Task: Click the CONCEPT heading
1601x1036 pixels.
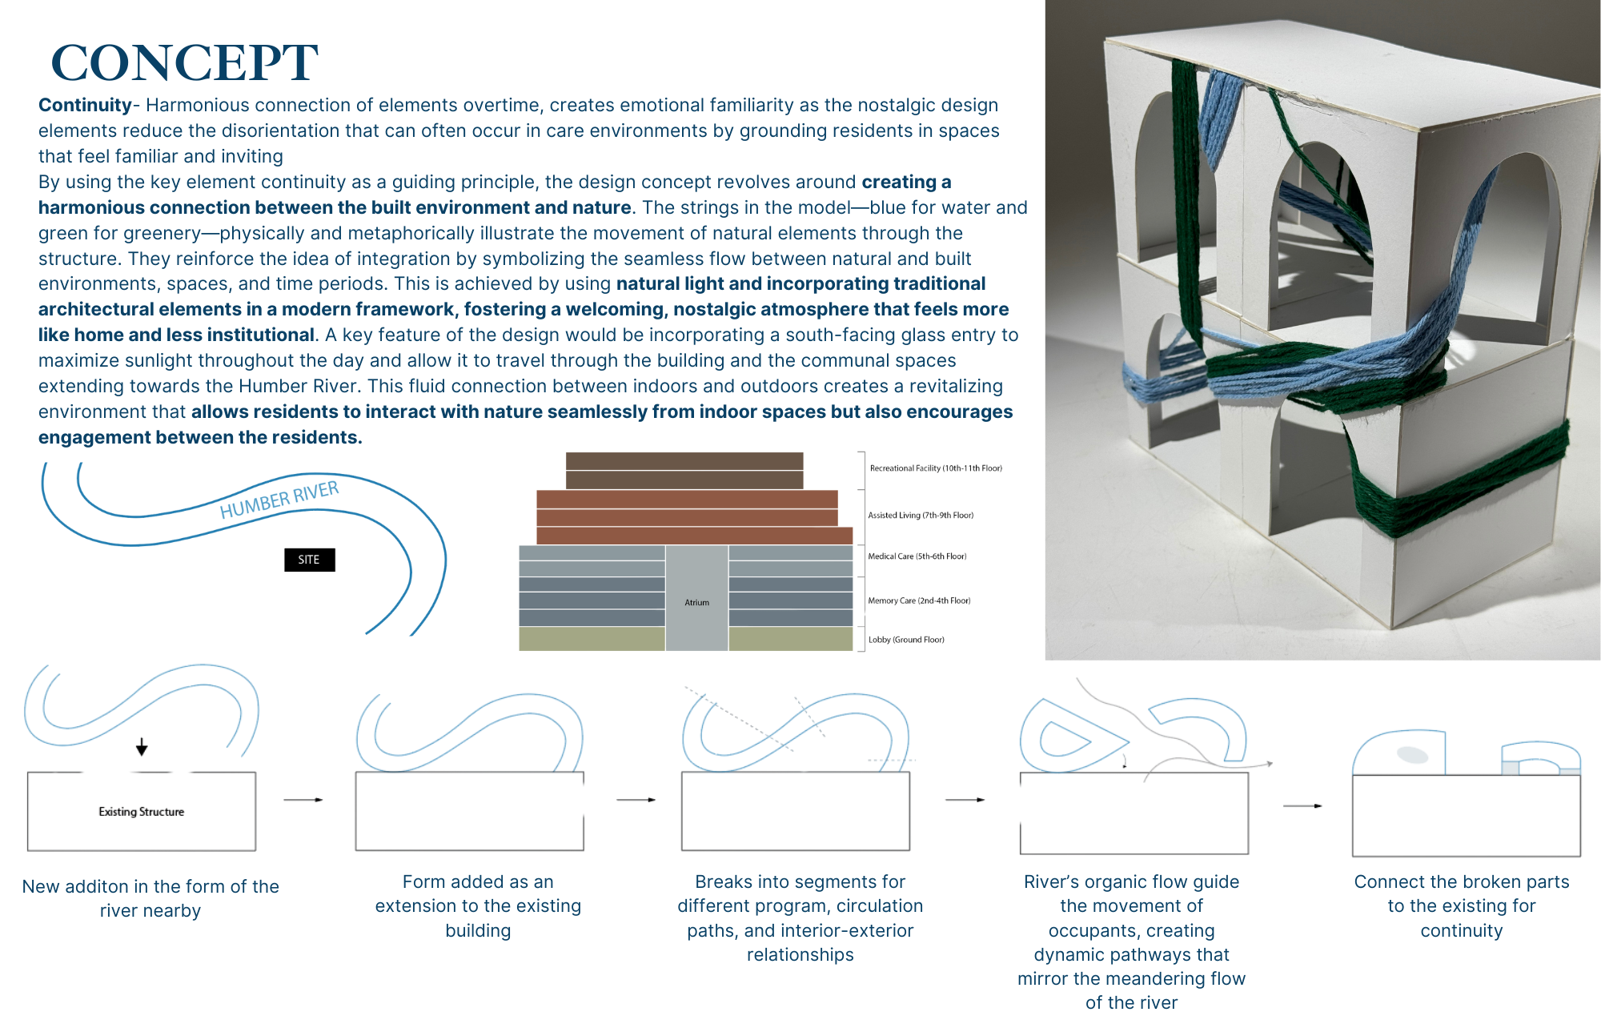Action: (x=185, y=62)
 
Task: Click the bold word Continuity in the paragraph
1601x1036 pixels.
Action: (x=85, y=106)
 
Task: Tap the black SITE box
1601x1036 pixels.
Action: (x=309, y=560)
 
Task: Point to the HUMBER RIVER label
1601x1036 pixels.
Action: (x=279, y=500)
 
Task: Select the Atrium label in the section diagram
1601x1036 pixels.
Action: (x=696, y=602)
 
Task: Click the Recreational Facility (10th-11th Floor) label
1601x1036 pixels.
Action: (x=935, y=468)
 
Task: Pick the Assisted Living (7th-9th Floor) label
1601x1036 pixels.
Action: (x=921, y=516)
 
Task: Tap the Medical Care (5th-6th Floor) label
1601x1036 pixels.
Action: (x=917, y=556)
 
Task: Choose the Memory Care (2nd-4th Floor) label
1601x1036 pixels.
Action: (x=919, y=600)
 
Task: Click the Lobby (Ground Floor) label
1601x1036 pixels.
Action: (x=906, y=640)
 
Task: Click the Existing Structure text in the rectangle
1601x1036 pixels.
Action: (x=142, y=812)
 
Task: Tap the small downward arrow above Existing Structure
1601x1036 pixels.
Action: (x=142, y=747)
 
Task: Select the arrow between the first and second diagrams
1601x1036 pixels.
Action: (x=303, y=800)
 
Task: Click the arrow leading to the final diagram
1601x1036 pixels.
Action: (x=1302, y=805)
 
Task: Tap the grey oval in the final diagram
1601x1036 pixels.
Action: (x=1412, y=754)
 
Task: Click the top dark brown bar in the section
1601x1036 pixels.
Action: (x=684, y=461)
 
